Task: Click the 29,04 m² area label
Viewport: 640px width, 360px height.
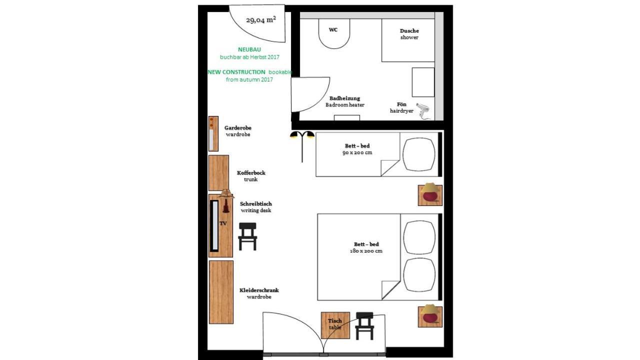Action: (261, 20)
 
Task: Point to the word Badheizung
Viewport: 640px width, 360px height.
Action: (344, 98)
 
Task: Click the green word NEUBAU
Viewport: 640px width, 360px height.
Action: (249, 49)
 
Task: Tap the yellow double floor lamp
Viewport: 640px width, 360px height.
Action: (302, 142)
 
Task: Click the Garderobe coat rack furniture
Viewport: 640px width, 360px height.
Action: (213, 133)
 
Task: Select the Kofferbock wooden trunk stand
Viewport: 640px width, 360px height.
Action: (218, 172)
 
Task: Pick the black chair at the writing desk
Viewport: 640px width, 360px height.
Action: (247, 236)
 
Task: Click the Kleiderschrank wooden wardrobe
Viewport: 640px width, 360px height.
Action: (221, 291)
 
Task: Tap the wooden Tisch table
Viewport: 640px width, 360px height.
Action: (335, 325)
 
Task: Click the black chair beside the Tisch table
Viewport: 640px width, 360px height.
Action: (364, 325)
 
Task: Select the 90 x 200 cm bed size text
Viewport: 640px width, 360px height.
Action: (357, 152)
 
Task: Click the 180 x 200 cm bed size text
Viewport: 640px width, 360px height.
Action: (366, 250)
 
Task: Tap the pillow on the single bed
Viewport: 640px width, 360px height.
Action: (419, 154)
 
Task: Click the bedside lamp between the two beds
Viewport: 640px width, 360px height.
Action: (430, 194)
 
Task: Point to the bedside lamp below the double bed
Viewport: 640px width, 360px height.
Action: (430, 316)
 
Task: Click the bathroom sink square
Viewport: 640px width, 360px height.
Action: (423, 82)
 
